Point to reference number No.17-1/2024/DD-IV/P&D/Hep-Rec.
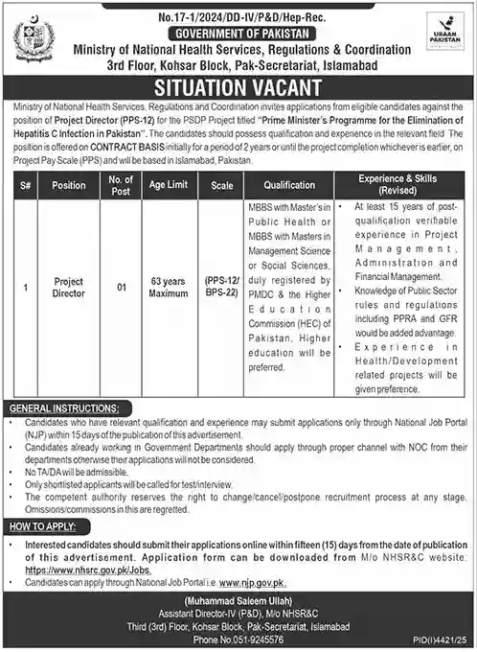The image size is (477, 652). point(238,12)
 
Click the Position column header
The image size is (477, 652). point(69,185)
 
